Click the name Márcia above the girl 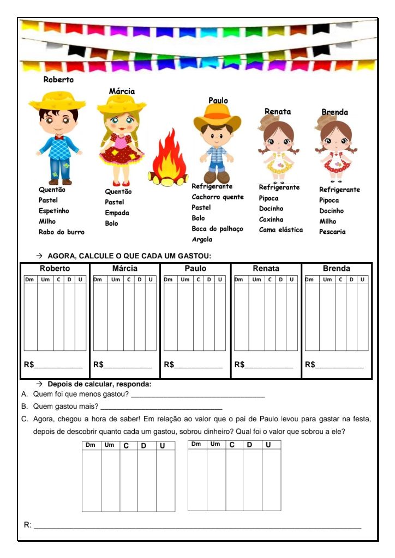(122, 91)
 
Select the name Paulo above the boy (218, 100)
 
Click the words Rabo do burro (62, 232)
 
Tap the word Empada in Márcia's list (117, 213)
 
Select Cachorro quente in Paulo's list (218, 197)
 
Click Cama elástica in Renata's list (280, 230)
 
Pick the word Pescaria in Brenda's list (332, 232)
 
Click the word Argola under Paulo (202, 239)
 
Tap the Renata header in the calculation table (266, 269)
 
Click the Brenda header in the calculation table (336, 269)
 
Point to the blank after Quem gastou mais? (161, 407)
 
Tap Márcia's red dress (121, 150)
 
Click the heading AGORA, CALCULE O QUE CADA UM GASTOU (129, 256)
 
